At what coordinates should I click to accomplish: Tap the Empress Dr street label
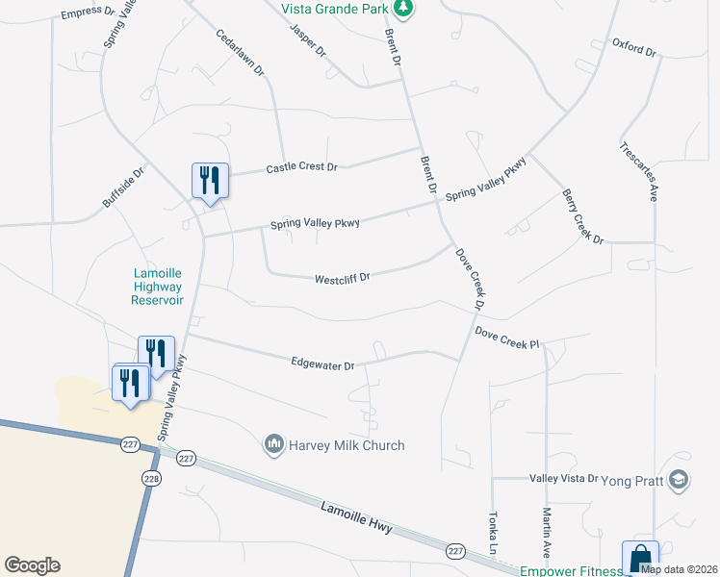pos(88,14)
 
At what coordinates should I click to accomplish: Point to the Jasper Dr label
pos(309,38)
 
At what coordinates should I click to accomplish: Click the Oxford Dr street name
pos(633,47)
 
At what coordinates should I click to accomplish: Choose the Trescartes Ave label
pos(639,171)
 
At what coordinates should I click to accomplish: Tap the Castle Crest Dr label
pos(301,167)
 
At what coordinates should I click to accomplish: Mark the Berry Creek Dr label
pos(582,216)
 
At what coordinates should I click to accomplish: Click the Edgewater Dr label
pos(323,364)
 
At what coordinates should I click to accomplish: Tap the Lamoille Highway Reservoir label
pos(157,287)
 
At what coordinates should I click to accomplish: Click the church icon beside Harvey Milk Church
pos(274,444)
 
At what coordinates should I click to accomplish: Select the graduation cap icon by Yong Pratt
pos(679,478)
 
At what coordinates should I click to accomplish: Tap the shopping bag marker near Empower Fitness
pos(640,559)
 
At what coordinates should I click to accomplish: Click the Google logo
pos(32,565)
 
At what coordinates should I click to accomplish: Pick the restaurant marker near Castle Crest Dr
pos(210,180)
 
